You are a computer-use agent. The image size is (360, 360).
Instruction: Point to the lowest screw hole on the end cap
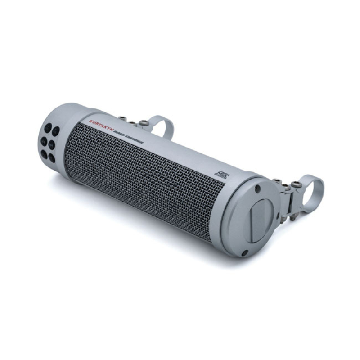244,252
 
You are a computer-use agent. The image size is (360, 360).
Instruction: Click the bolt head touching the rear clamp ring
144,123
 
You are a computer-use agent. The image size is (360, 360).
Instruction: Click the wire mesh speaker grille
144,180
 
